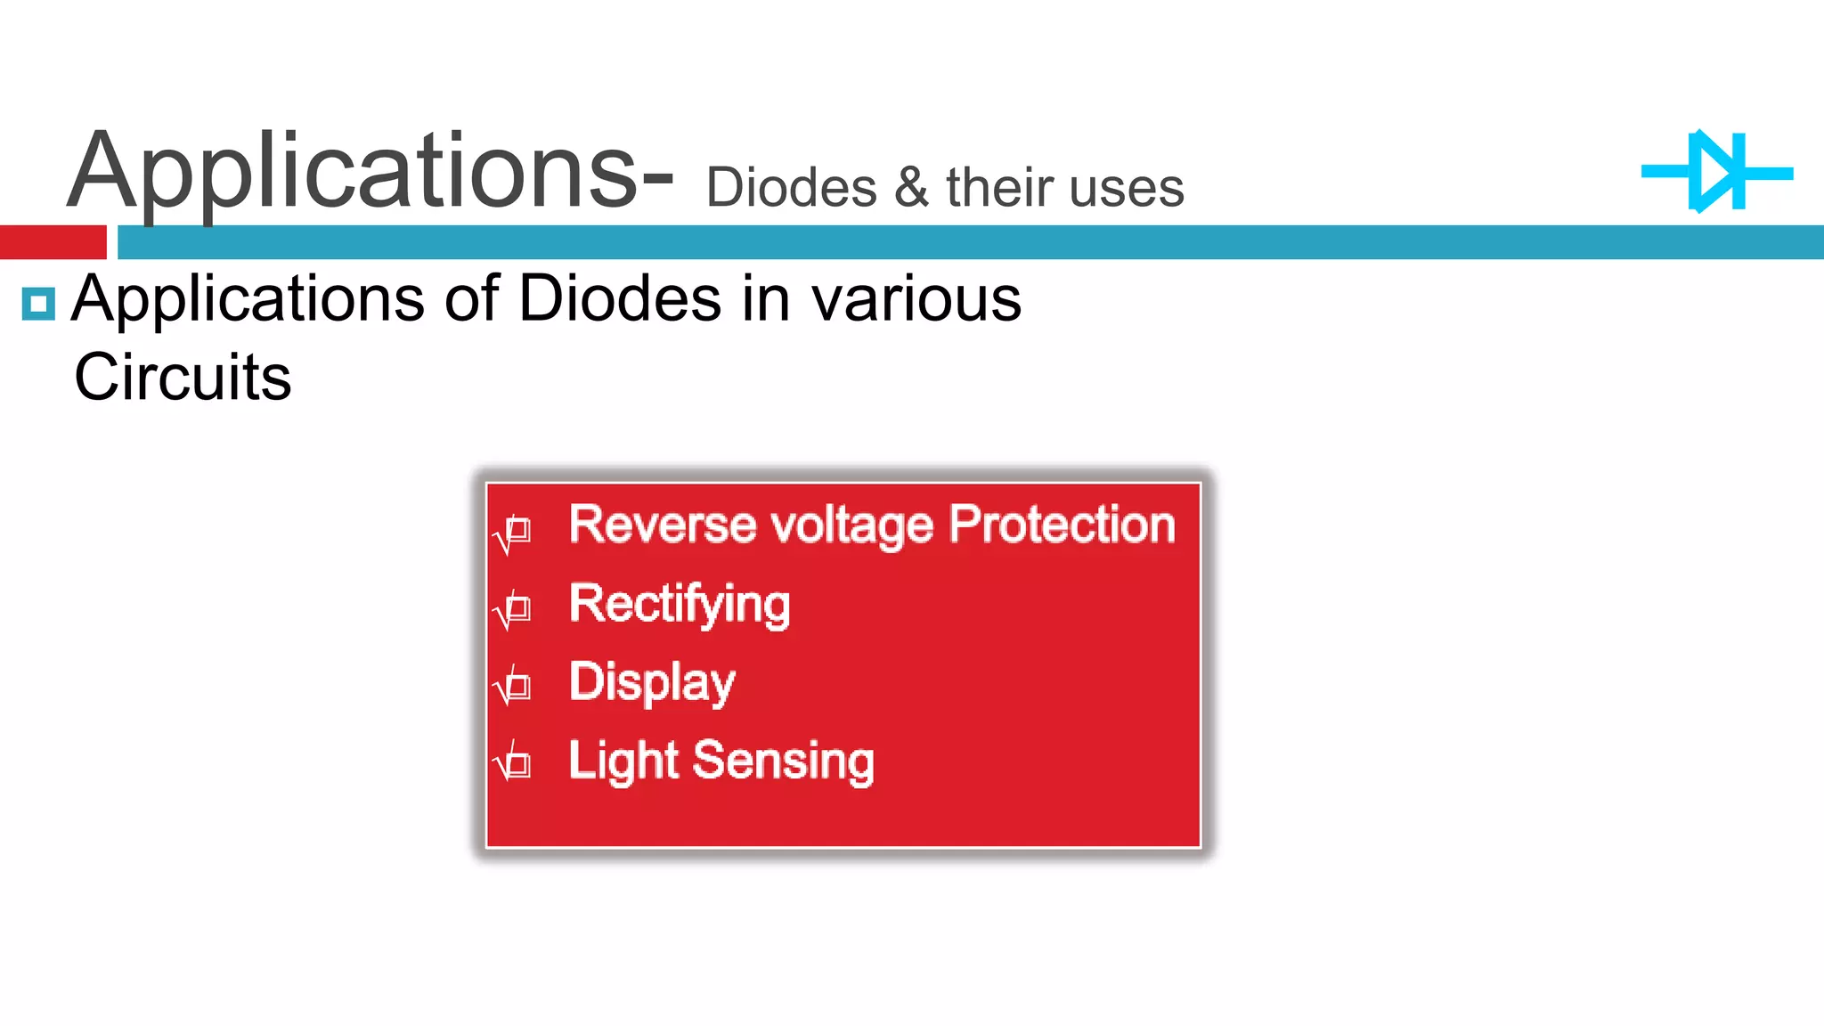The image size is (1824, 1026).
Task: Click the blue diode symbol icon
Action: point(1716,172)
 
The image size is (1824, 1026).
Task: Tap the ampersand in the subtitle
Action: point(911,188)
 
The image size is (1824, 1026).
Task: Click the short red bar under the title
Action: point(53,242)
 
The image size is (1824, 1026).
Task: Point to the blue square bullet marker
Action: point(38,304)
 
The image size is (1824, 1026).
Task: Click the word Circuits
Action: point(183,377)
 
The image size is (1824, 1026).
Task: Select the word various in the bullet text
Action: point(916,299)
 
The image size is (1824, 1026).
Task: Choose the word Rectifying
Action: point(680,604)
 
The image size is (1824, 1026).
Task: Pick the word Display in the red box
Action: point(652,683)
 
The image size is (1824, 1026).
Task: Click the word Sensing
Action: point(784,761)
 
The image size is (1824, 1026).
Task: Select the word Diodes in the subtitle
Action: point(791,189)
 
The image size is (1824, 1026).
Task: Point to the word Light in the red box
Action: point(623,761)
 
